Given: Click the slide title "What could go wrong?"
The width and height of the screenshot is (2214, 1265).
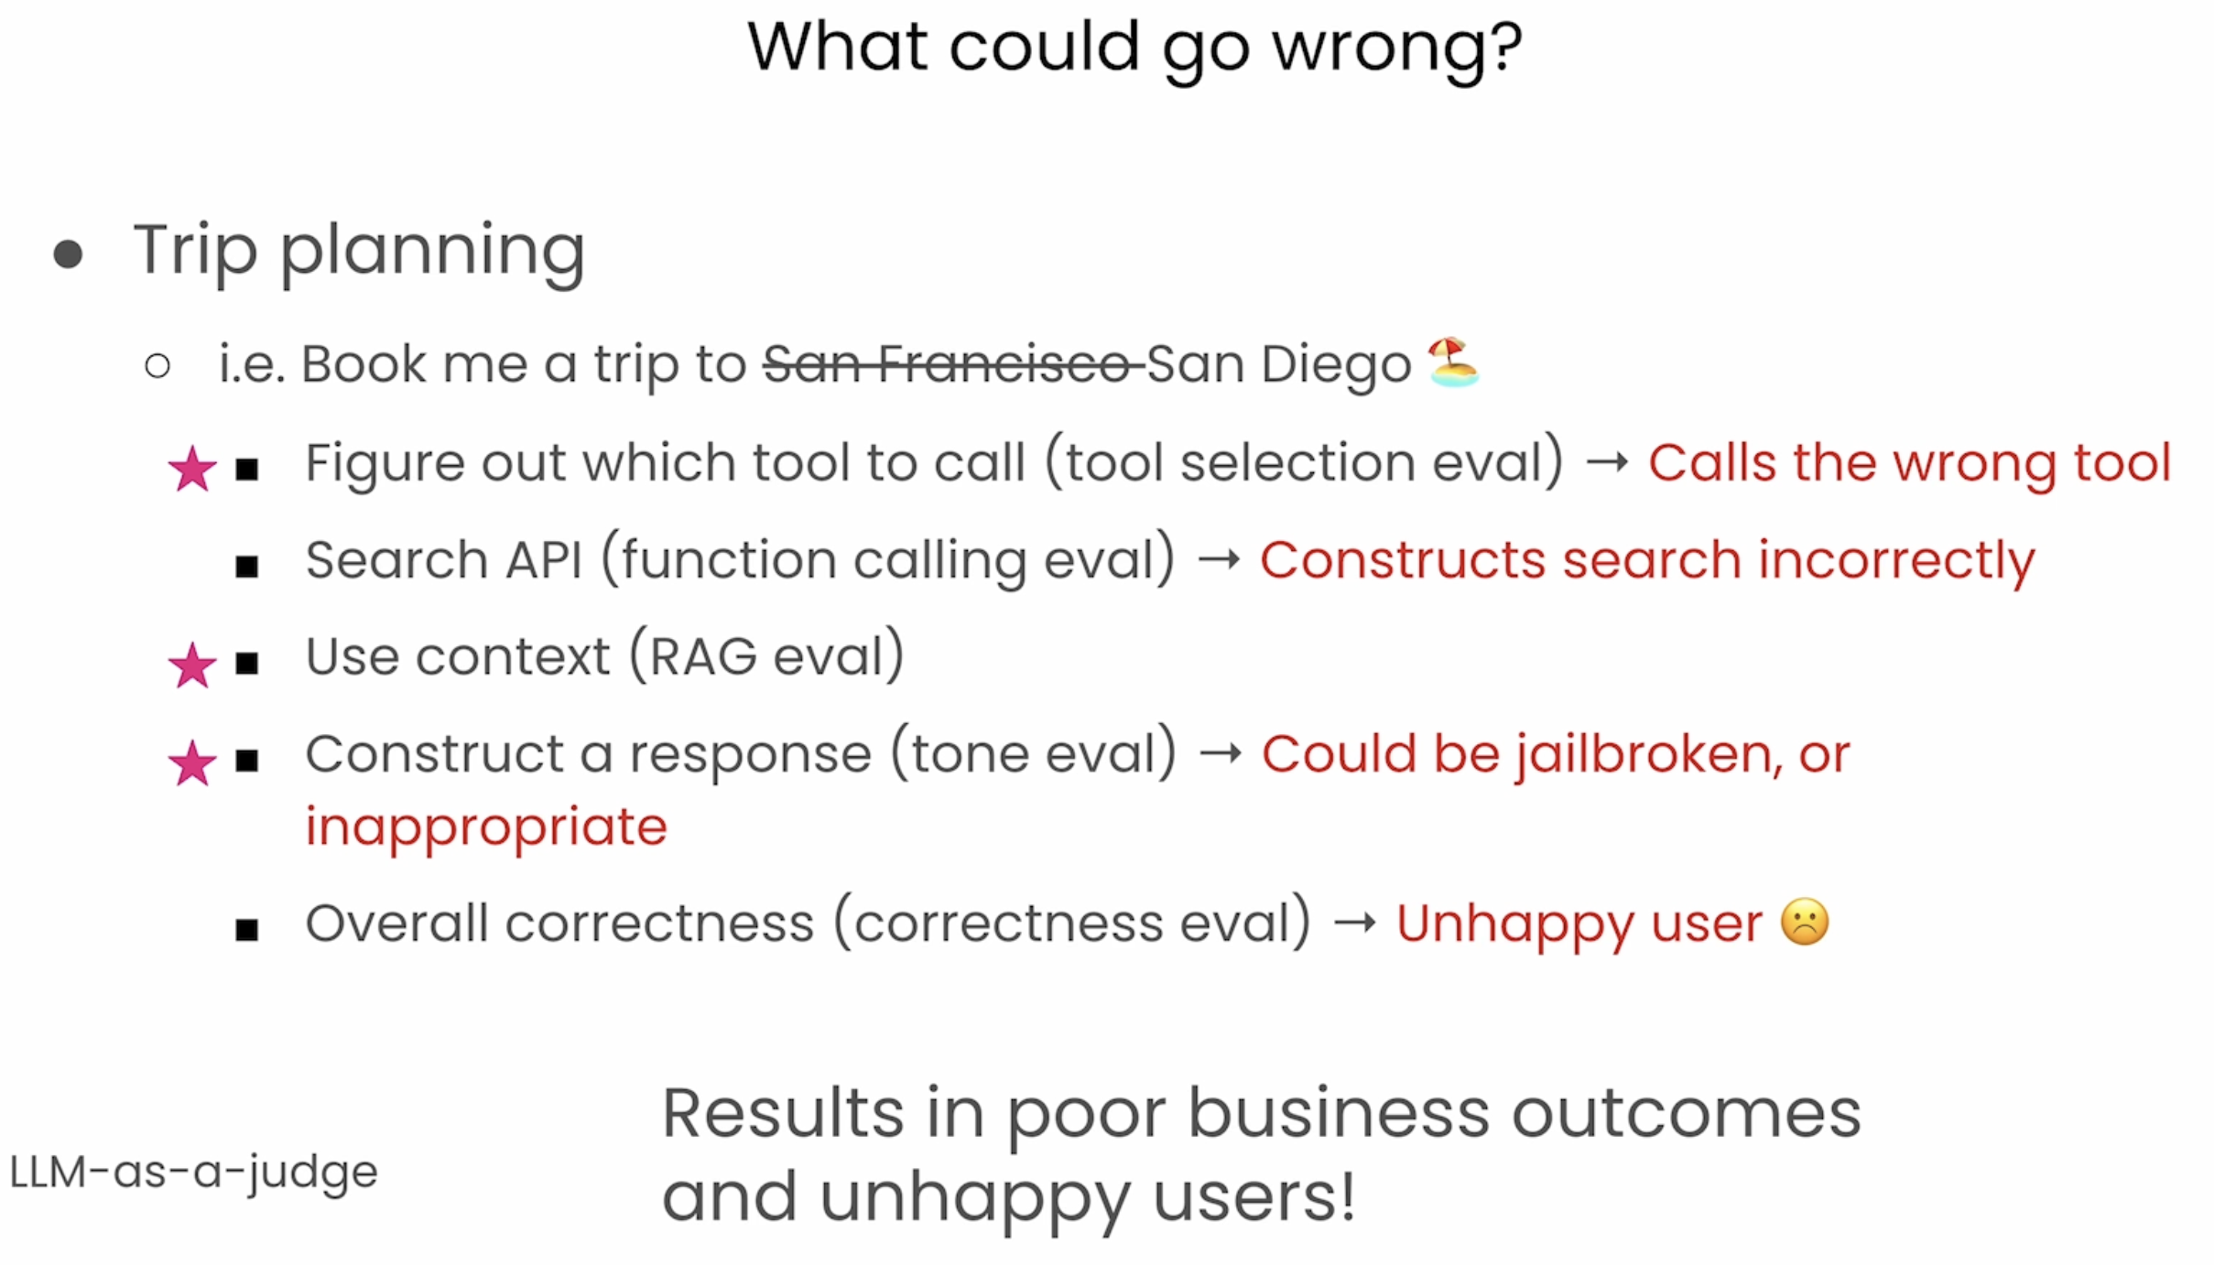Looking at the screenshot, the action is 1134,48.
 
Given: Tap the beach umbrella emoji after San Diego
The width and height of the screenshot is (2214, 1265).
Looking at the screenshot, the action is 1453,362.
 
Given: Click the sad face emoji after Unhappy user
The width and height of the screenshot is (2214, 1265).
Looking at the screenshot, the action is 1804,922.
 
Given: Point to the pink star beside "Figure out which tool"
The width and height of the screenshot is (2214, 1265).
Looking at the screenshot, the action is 192,469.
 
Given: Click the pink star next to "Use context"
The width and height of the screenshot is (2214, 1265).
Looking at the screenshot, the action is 192,665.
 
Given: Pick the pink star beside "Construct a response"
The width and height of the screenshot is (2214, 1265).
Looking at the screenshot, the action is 192,762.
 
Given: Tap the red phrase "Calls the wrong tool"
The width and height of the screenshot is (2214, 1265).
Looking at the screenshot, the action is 1909,462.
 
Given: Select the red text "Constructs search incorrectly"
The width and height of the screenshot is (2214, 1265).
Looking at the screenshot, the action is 1647,560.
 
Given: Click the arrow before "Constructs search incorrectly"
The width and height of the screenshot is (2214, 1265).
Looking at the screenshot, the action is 1219,559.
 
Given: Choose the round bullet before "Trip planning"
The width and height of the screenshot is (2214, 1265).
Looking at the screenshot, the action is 69,254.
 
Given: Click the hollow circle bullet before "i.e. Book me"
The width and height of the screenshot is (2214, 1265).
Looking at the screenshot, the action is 157,366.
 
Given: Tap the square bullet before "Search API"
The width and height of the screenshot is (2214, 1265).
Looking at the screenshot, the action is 246,566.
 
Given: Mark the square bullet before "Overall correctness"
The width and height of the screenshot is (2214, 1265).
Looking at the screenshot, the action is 246,930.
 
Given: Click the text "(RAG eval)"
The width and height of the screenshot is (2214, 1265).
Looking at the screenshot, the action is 766,656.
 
